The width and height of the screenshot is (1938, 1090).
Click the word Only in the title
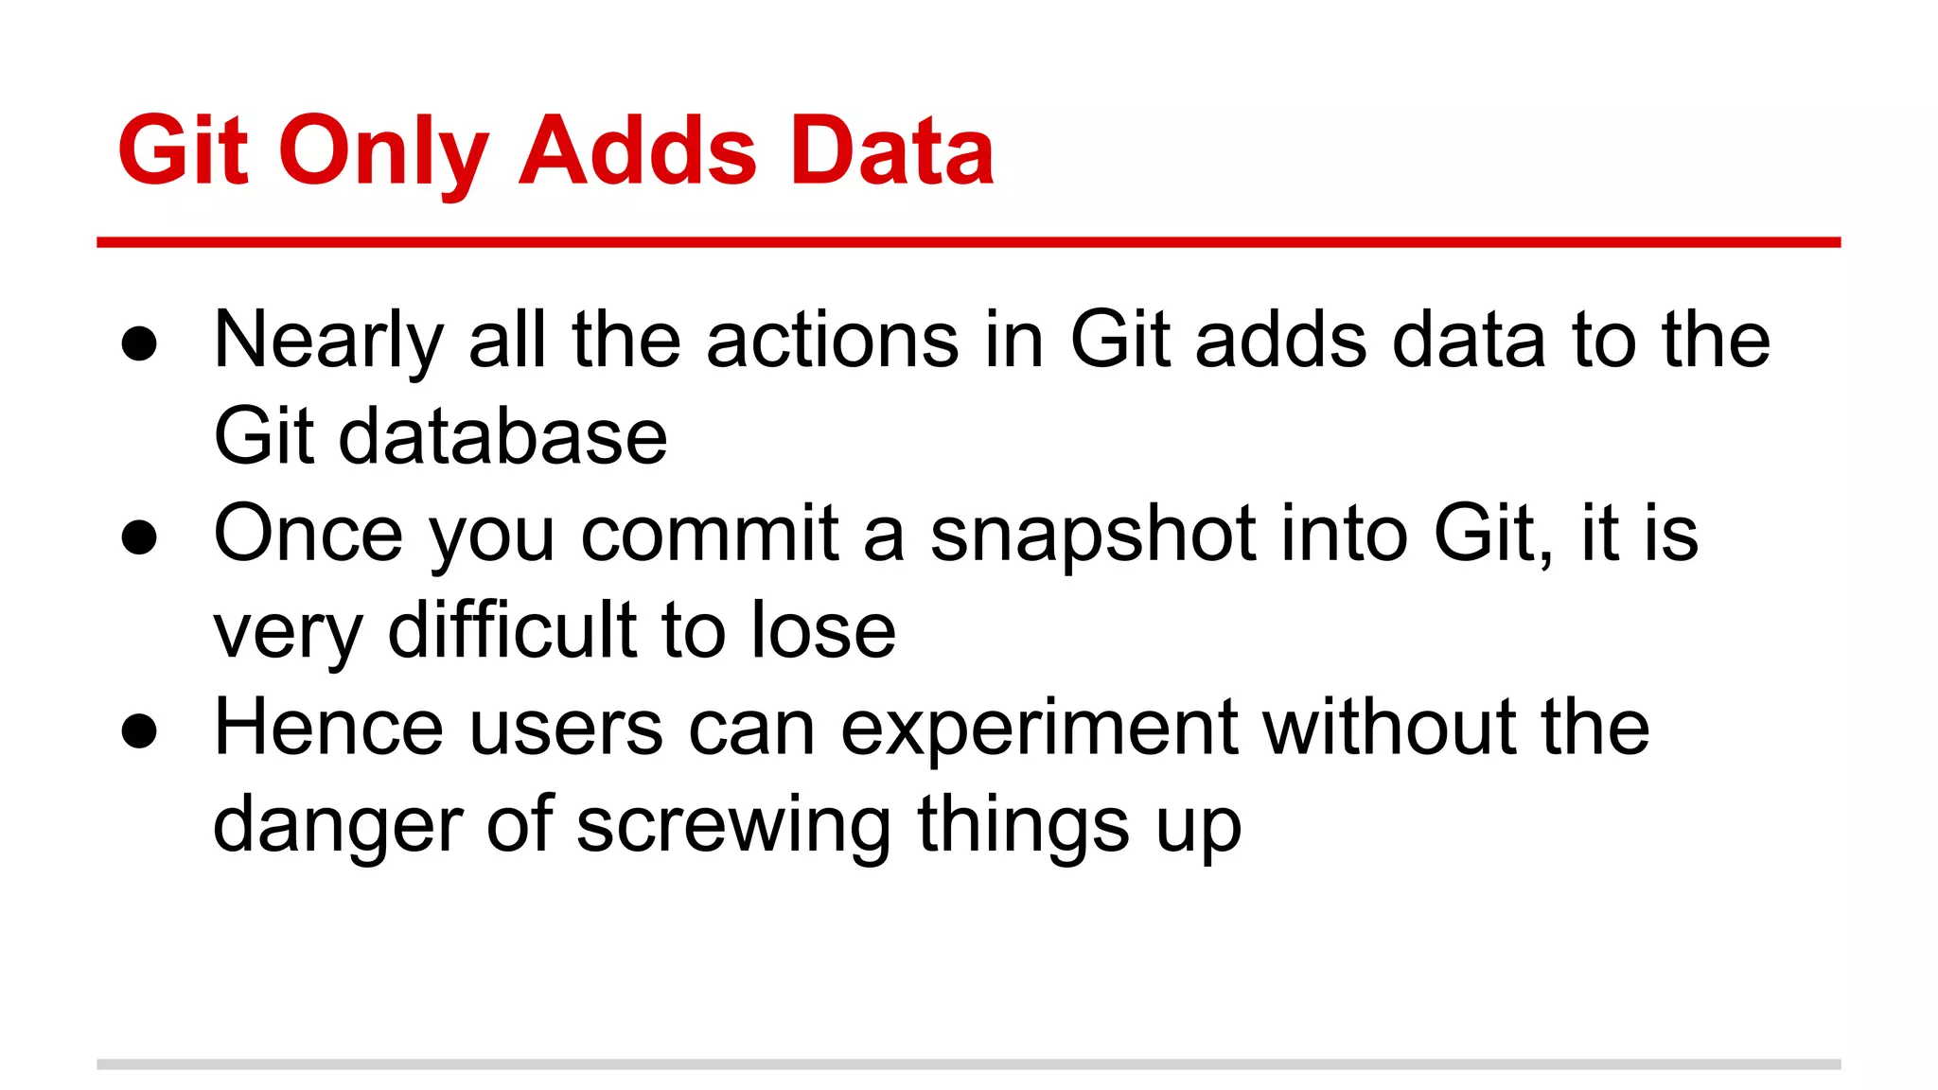click(383, 151)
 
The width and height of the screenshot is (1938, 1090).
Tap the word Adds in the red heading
click(638, 151)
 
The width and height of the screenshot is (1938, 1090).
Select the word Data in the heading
click(891, 151)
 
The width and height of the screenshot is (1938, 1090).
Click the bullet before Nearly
click(139, 344)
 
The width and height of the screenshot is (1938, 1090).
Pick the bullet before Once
click(139, 537)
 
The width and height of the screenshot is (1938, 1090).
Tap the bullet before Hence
click(139, 730)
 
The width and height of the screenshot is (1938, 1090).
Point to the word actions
click(833, 341)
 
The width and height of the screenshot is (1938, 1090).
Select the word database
click(502, 437)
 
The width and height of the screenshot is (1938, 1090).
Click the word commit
click(710, 535)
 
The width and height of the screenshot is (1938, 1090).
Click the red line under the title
click(968, 243)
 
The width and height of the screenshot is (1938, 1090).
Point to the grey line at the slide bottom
click(968, 1064)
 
